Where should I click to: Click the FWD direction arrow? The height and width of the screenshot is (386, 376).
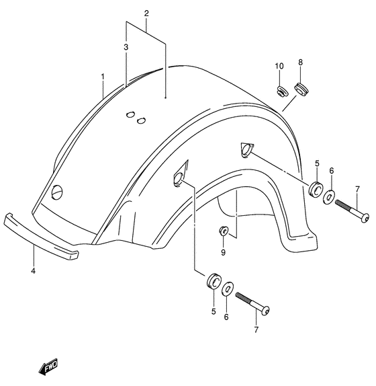48,366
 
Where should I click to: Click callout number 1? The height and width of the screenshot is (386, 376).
103,77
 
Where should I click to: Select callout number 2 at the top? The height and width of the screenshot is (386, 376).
146,13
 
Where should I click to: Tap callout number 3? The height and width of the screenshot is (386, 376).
126,47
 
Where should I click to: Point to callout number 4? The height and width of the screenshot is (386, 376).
33,271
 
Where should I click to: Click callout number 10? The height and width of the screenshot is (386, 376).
279,66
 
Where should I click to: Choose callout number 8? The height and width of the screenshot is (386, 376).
301,63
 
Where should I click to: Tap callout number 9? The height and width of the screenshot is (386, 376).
223,252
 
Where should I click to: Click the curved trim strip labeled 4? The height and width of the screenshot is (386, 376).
41,236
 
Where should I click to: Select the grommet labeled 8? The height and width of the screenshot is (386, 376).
301,89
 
